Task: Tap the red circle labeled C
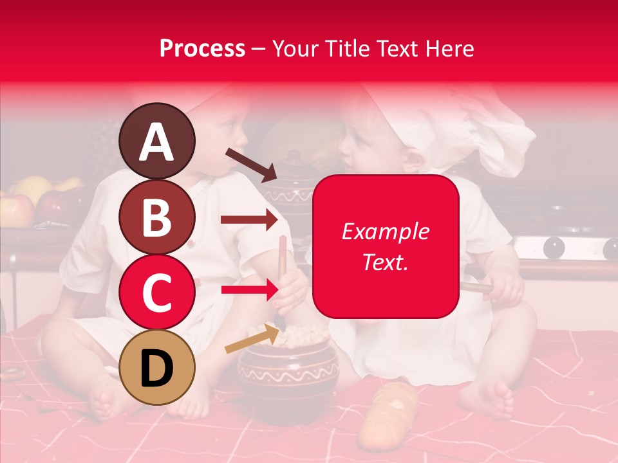157,293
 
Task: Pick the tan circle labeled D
157,368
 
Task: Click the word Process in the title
202,48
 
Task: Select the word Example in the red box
385,232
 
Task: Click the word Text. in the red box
385,262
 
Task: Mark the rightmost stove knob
610,247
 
